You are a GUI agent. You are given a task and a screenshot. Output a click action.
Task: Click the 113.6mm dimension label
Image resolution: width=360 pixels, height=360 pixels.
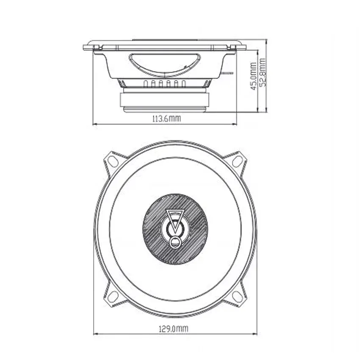click(x=167, y=119)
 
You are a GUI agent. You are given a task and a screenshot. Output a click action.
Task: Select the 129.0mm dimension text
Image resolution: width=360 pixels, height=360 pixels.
click(x=174, y=329)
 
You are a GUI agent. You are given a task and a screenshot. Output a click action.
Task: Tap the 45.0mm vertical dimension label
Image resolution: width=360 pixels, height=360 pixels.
click(x=253, y=76)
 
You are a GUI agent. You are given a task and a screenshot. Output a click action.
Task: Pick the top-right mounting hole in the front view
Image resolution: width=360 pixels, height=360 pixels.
click(x=238, y=161)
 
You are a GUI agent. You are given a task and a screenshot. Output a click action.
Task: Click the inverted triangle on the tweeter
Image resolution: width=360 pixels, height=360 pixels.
click(x=175, y=219)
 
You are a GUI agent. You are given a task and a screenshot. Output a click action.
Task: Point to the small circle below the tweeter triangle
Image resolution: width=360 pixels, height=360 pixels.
click(x=175, y=242)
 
